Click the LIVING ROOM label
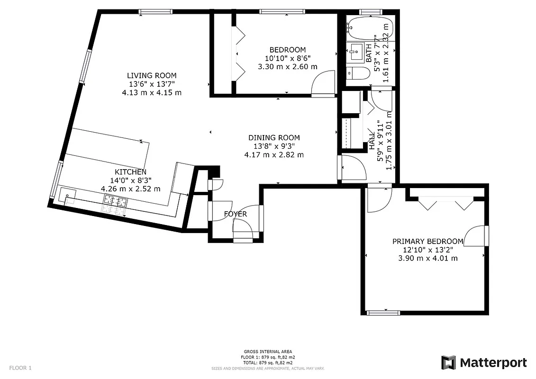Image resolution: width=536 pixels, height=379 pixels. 152,75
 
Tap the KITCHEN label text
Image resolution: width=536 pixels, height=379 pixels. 130,172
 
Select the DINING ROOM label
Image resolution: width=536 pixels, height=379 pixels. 274,138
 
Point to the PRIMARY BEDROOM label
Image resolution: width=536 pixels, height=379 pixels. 428,241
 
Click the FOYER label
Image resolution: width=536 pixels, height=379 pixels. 236,214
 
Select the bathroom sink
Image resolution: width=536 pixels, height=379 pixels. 355,51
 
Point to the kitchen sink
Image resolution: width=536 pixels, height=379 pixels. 67,194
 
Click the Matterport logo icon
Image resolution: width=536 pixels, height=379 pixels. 448,363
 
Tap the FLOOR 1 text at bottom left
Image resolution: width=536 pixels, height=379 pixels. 20,368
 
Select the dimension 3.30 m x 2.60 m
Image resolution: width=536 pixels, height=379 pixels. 288,67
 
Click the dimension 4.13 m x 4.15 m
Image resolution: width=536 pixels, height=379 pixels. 152,92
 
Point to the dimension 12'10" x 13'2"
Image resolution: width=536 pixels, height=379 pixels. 428,250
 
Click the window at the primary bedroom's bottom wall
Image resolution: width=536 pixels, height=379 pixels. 383,312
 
